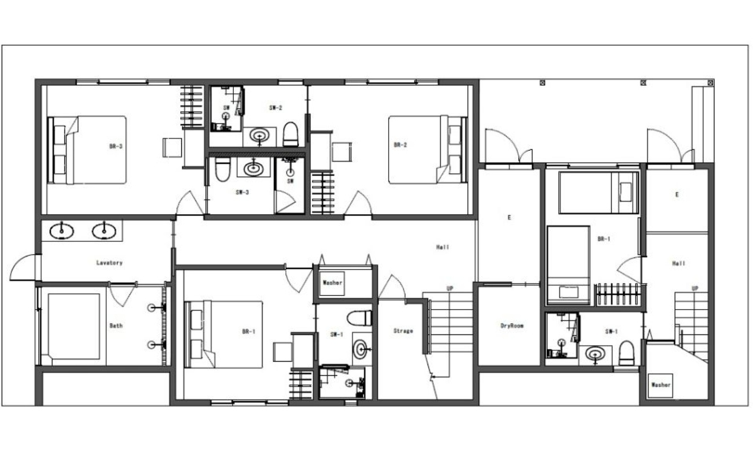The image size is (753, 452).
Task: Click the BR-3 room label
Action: (116, 146)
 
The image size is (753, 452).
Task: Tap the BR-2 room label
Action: (401, 145)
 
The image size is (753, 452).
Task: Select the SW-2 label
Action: (276, 107)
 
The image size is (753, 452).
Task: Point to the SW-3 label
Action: (242, 192)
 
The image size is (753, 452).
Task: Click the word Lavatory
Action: (109, 263)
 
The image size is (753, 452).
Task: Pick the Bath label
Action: (116, 325)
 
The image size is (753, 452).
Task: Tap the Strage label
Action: (403, 331)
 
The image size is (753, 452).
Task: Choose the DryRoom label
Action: (512, 325)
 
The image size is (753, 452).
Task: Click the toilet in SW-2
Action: (290, 134)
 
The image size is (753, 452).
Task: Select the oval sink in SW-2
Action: (259, 136)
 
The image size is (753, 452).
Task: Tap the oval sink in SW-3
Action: (254, 168)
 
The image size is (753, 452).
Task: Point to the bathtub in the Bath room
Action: (73, 327)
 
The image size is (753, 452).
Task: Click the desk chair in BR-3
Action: (172, 147)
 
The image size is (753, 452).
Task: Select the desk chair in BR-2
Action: (342, 152)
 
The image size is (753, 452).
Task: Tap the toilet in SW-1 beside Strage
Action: (359, 318)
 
